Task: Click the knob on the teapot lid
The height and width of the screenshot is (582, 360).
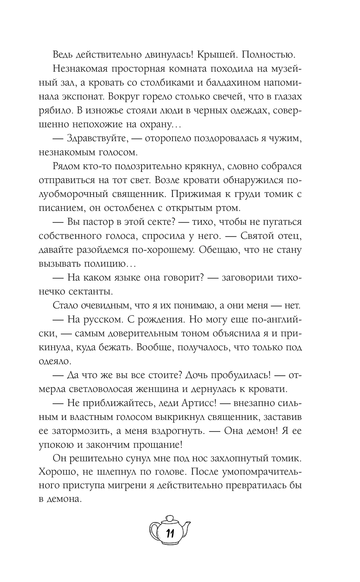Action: [169, 518]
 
